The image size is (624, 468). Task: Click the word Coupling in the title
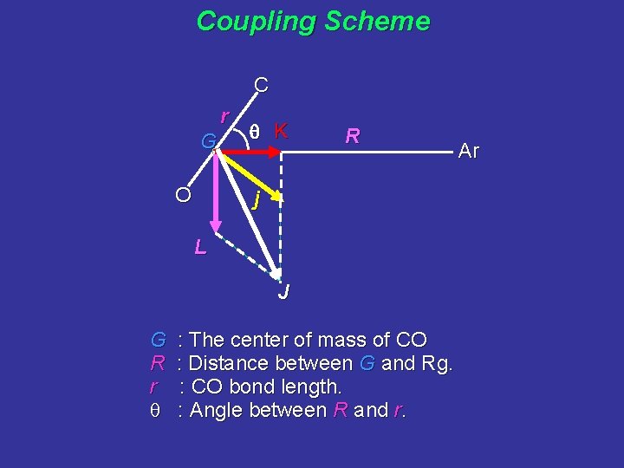257,21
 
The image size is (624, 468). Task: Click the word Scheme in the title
377,21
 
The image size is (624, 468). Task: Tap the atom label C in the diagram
260,85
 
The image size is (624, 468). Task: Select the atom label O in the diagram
183,194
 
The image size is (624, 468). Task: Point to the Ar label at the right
469,151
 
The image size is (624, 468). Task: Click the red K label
281,132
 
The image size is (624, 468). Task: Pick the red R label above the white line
353,136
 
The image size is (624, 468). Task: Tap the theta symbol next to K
255,132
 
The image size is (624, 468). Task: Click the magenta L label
200,248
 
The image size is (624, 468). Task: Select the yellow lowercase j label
255,203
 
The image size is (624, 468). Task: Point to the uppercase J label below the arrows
283,292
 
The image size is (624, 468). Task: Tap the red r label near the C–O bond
224,115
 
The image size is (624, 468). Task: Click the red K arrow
251,153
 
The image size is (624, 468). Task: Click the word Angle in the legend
215,410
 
